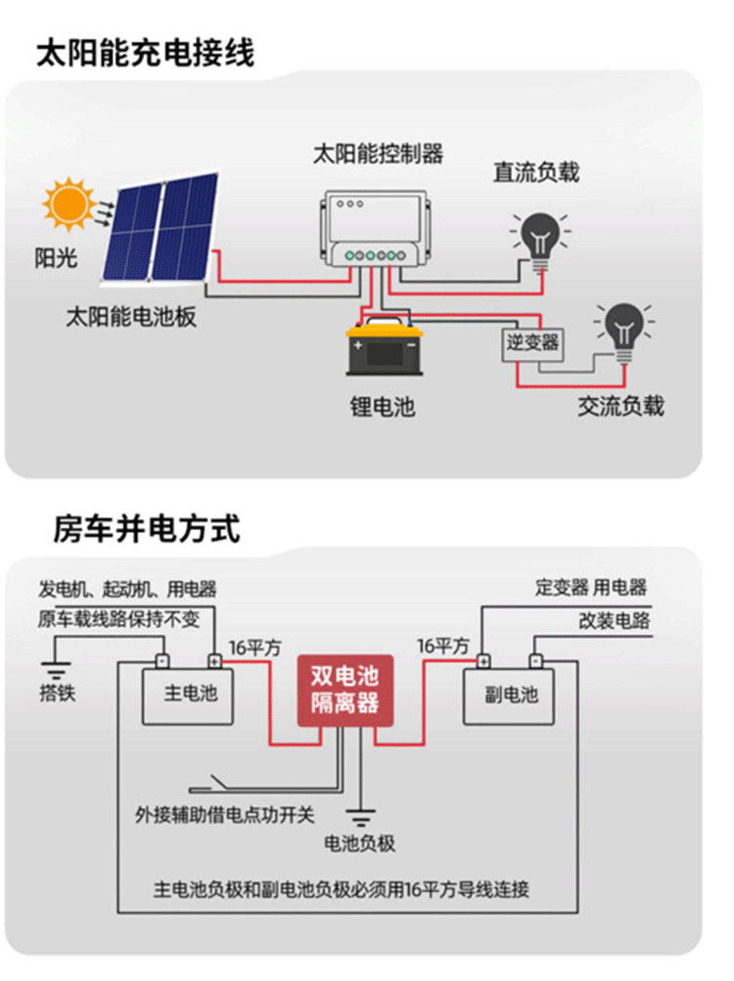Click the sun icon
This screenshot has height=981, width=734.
69,203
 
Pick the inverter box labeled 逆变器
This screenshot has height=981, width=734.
532,342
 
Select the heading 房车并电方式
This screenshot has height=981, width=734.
147,529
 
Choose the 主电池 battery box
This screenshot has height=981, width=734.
188,694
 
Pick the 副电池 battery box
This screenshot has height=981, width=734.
509,694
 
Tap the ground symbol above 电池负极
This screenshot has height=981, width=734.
360,815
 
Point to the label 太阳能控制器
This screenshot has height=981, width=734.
377,153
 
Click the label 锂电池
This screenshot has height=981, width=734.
382,406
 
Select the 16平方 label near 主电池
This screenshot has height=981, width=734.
254,647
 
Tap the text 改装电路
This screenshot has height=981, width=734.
614,621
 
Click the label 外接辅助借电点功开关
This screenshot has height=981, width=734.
225,814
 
